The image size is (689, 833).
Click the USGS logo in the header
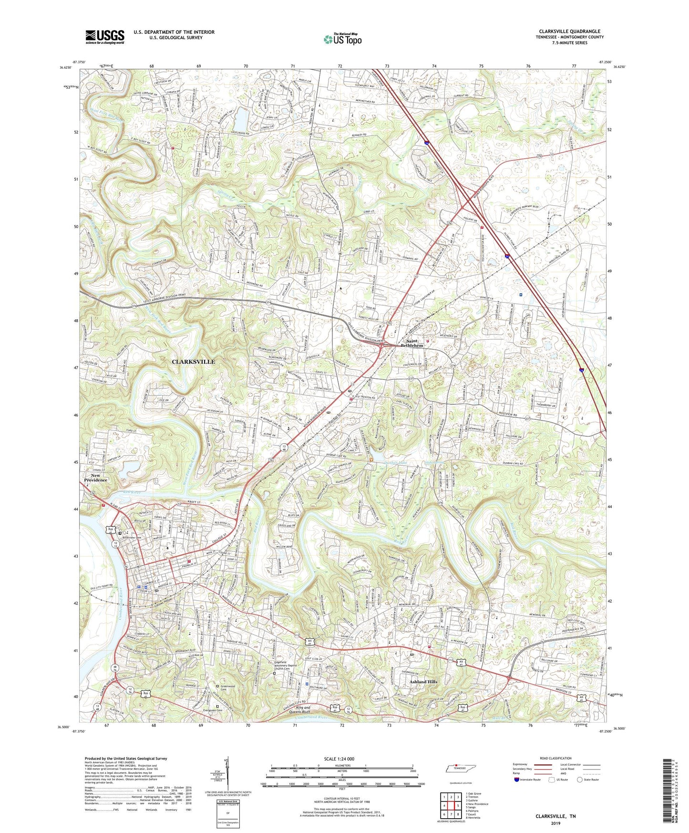pos(105,37)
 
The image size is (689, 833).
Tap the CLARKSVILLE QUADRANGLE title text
pos(570,31)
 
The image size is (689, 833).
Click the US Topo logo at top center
pos(342,39)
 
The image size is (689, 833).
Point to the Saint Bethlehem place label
pos(411,343)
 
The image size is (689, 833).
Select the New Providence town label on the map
pos(95,478)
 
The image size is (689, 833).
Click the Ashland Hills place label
pos(423,682)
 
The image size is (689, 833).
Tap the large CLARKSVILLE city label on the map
pos(193,362)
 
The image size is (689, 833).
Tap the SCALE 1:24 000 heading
pos(339,759)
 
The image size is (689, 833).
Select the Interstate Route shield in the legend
pos(516,780)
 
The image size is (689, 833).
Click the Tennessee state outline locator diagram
pos(460,769)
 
